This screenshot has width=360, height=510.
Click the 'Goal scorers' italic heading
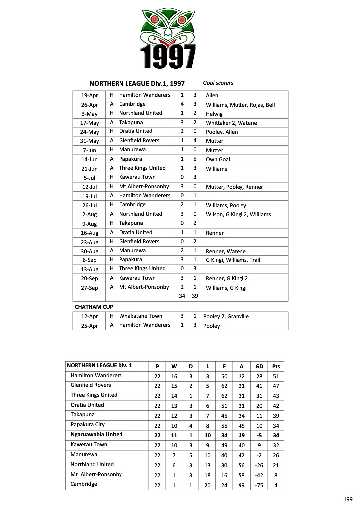(218, 83)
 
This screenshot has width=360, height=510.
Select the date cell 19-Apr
(90, 95)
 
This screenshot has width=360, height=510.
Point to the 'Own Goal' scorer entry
(218, 159)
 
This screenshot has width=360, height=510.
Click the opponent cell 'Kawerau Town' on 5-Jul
(137, 177)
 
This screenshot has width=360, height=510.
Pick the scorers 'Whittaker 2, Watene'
(232, 123)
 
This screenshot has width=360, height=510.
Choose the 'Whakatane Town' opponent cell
(140, 316)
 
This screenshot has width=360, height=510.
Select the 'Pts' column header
(276, 366)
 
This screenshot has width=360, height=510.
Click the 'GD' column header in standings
(259, 366)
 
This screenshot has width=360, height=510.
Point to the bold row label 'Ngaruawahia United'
(96, 434)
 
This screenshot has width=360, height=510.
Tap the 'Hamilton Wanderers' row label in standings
(96, 375)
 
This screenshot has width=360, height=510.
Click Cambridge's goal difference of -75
(259, 484)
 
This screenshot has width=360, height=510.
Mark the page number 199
(348, 499)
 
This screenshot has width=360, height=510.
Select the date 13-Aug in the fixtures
(90, 269)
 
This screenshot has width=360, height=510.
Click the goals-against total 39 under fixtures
(195, 296)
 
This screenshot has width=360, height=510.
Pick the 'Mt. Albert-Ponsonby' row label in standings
(96, 474)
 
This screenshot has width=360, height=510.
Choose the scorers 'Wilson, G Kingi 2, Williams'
(239, 214)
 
